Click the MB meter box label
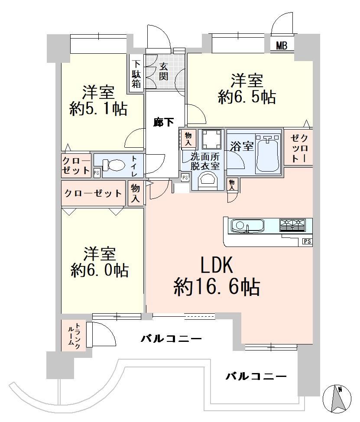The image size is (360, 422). coord(282,46)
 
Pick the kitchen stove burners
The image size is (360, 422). coord(292,225)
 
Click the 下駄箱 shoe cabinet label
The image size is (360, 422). coord(136,74)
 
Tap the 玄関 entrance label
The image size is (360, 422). coord(164,71)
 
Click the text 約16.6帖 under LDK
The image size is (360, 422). coord(217,287)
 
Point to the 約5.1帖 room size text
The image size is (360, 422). coord(98,109)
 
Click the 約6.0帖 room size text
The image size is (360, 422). coord(100,270)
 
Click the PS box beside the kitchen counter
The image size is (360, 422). coord(308,241)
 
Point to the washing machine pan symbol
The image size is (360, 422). coord(211,139)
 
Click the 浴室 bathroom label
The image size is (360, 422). coord(242,146)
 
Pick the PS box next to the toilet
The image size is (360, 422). coord(97,173)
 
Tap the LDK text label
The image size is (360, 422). coord(217,265)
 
